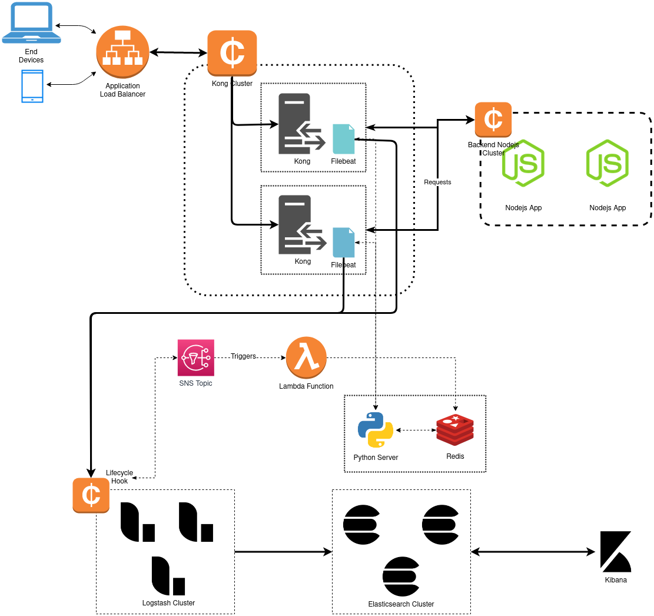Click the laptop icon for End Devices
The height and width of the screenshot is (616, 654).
[31, 22]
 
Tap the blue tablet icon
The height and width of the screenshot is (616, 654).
[32, 86]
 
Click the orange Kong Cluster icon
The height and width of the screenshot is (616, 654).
[232, 52]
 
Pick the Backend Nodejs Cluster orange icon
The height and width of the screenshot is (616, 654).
[493, 120]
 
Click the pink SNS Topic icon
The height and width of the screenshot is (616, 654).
[195, 357]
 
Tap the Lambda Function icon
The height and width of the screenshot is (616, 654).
[306, 357]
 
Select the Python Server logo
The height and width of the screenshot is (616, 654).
[376, 430]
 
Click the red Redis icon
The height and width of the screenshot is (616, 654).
[455, 430]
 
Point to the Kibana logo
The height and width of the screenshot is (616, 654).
[616, 552]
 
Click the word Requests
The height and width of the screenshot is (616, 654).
[437, 182]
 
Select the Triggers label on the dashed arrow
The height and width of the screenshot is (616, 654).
[243, 356]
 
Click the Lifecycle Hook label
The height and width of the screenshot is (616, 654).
[119, 477]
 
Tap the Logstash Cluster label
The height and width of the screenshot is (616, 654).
[168, 603]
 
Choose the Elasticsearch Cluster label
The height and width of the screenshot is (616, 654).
[401, 604]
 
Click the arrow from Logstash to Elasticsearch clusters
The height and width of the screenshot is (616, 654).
[283, 552]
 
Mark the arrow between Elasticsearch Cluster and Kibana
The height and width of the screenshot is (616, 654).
[533, 552]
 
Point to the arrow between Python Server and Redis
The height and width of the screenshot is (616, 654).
[416, 430]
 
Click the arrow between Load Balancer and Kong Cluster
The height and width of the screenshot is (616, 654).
[178, 53]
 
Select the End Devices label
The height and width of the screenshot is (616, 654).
[31, 56]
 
